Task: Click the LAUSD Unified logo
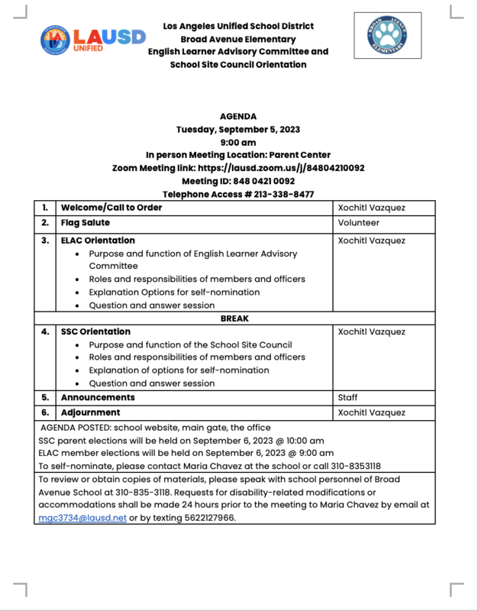point(92,40)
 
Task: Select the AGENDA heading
point(238,116)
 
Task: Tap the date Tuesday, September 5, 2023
point(238,129)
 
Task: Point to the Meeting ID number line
point(238,181)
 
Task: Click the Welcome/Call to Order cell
point(111,208)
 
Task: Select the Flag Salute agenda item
point(86,223)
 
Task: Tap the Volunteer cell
point(359,223)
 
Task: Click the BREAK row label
point(235,318)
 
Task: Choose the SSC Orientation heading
point(95,331)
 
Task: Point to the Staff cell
point(347,397)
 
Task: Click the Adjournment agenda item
point(90,412)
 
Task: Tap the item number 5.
point(46,397)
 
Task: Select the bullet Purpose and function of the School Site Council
point(190,344)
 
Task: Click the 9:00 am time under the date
point(238,142)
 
